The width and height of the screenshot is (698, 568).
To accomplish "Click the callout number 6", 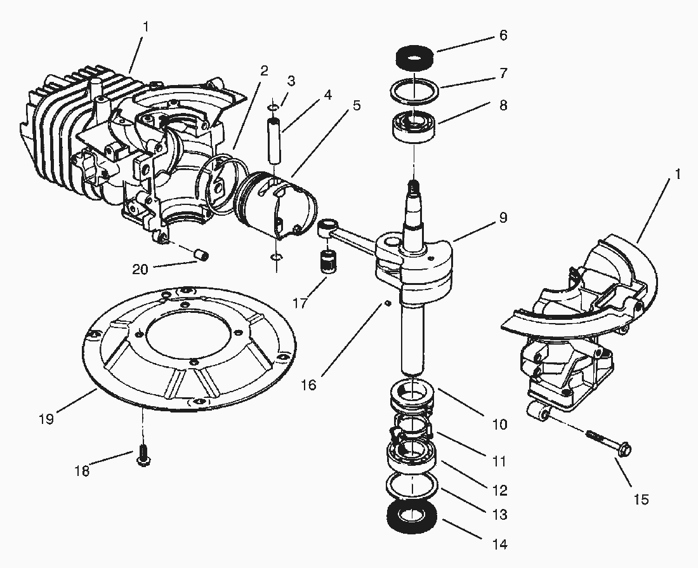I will (x=503, y=36).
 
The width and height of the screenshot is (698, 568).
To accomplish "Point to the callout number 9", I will (x=503, y=218).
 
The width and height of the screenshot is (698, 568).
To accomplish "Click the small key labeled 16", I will (x=385, y=304).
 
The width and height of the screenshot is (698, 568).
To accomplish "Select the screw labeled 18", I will (x=142, y=455).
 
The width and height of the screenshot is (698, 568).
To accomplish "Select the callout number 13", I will (x=500, y=515).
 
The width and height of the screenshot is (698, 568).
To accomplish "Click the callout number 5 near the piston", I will (x=357, y=105).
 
